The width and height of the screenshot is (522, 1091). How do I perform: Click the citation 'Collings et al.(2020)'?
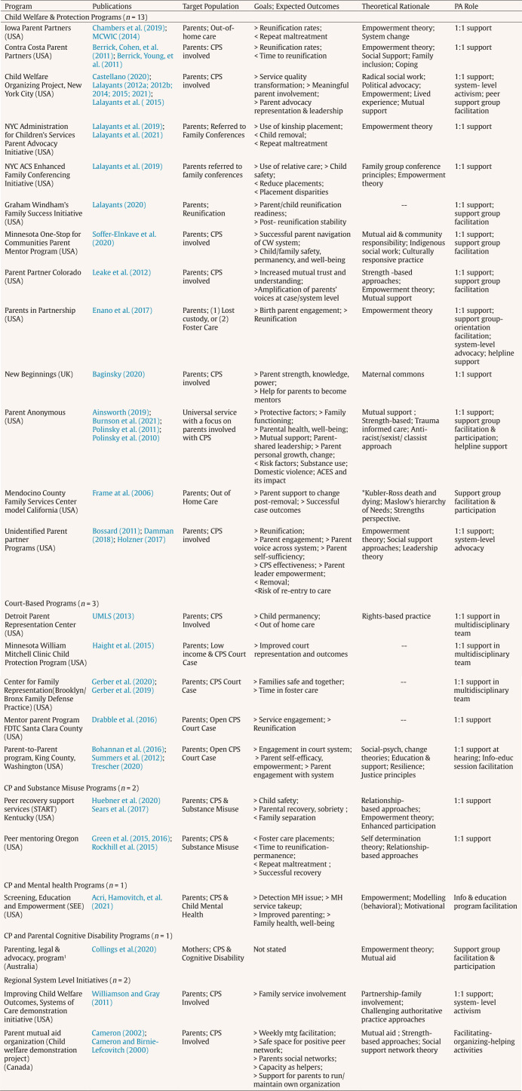tap(124, 948)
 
